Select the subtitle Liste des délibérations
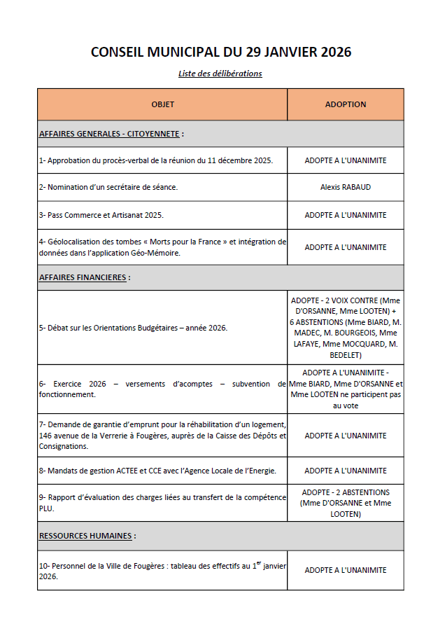tap(220, 74)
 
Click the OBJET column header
tap(162, 104)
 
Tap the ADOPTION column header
tap(345, 104)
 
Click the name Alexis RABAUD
tap(345, 187)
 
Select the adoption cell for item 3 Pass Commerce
tap(345, 215)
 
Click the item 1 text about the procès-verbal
tap(155, 160)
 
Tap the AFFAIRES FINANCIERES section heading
tap(83, 277)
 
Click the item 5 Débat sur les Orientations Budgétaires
tap(133, 328)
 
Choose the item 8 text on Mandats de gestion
tap(157, 471)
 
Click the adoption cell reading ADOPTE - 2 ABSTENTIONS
tap(345, 492)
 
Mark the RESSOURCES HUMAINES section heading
tap(85, 536)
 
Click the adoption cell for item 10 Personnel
tap(345, 570)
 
